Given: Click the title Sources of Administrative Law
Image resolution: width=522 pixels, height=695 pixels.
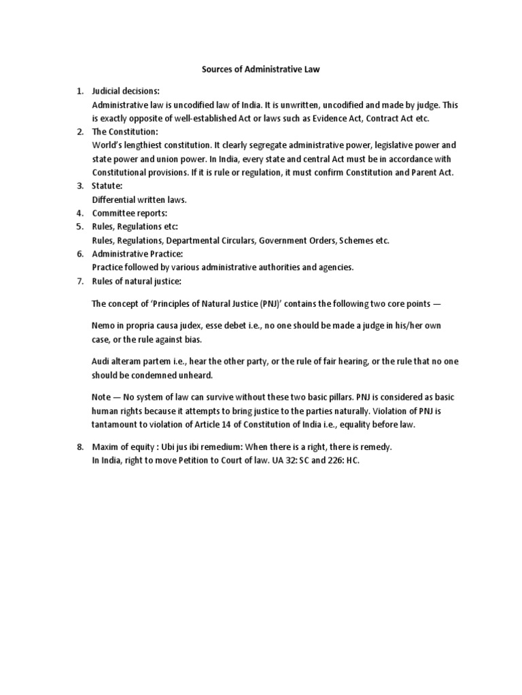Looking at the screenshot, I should pos(261,69).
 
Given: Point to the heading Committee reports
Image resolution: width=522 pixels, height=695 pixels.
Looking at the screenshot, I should pos(128,213).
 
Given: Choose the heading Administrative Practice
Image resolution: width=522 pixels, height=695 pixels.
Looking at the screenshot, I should pos(137,254).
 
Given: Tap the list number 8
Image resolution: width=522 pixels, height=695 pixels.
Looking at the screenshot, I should pos(80,447).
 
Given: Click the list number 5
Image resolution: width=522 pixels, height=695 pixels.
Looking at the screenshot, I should pos(80,227).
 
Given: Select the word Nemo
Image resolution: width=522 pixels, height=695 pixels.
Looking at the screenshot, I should pos(103,326).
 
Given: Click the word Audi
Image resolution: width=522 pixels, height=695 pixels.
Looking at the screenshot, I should pos(101,362).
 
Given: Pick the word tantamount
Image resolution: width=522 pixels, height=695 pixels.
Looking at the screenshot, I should pos(115,425).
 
